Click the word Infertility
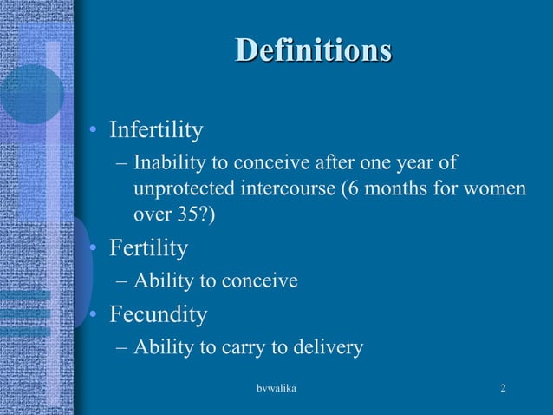(x=156, y=130)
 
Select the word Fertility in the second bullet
(x=148, y=248)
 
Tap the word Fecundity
(x=158, y=313)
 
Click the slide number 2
(x=504, y=387)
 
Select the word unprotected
(x=186, y=188)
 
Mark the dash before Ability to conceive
(x=121, y=281)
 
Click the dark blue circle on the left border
(x=29, y=94)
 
